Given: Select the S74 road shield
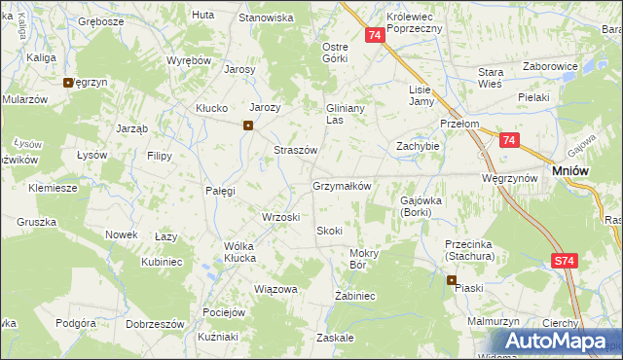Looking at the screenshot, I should (565, 261).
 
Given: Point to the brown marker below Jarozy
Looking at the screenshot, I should (248, 125).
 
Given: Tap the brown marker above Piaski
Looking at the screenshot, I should (452, 280).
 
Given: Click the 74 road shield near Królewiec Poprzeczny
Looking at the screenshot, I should (375, 35).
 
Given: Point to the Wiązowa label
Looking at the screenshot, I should (275, 289).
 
